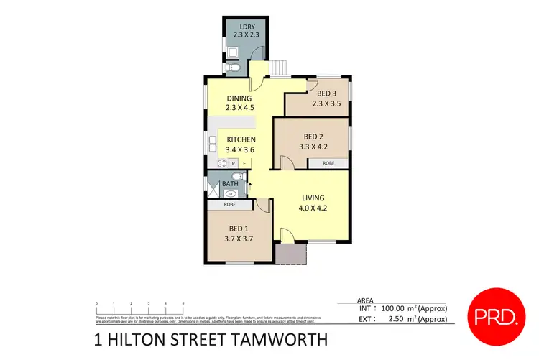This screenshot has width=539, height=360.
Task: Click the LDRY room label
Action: [x=238, y=27]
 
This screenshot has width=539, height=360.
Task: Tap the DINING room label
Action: [x=239, y=98]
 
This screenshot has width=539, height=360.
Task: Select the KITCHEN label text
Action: [x=241, y=139]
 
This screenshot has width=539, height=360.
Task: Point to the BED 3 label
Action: [x=326, y=93]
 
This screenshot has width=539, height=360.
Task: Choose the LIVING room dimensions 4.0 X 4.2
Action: [x=313, y=208]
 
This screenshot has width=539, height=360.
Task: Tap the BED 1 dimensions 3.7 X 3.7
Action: [x=238, y=239]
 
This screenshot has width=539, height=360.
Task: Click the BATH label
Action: [x=230, y=184]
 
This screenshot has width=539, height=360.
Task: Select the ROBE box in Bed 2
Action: [x=328, y=164]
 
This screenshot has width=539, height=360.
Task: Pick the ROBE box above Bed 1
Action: [x=229, y=205]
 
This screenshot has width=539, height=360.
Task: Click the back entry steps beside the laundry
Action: [x=279, y=68]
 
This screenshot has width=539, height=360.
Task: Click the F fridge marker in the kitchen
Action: [x=244, y=164]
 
